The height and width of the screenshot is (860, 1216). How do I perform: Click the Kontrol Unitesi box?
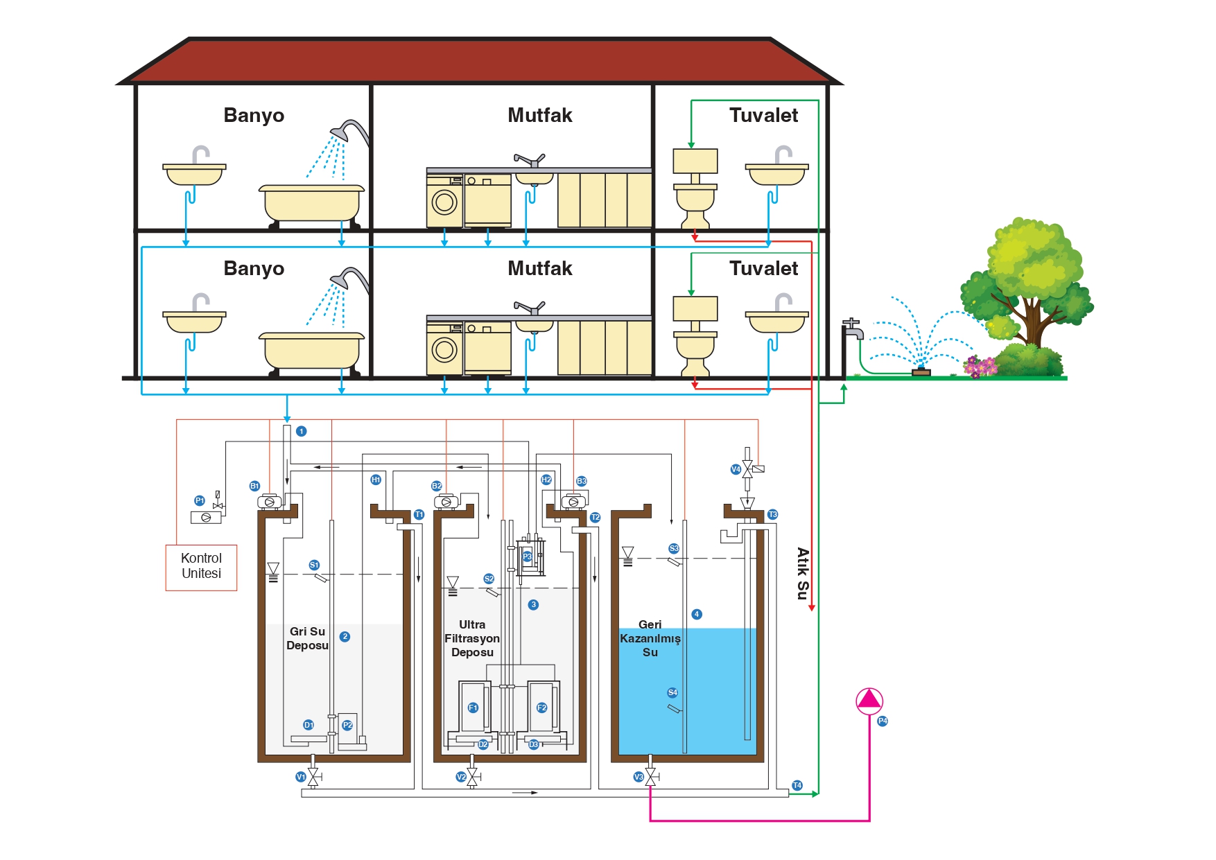pos(201,567)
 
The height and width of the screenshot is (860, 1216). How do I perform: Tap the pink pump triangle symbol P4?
pos(869,701)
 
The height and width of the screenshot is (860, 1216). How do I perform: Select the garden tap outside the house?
pos(853,328)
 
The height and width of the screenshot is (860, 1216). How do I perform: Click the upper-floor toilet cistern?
pos(695,161)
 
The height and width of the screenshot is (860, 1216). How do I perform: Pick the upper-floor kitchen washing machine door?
pos(444,202)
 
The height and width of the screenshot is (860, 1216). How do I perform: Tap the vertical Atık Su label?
pos(803,573)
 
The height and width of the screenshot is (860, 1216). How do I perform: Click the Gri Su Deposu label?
pos(308,638)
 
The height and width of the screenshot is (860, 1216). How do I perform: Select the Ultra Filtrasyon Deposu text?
pos(472,638)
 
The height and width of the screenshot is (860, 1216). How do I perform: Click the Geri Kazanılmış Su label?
pos(650,638)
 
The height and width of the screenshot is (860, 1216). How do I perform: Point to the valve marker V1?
pos(301,777)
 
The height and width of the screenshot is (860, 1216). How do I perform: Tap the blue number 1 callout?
pos(301,431)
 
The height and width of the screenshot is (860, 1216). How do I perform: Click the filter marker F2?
pos(541,708)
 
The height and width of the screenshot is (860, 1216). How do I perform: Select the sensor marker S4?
pos(672,692)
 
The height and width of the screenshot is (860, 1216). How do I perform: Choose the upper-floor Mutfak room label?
pos(539,115)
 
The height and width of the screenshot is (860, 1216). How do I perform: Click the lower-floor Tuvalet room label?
pos(763,268)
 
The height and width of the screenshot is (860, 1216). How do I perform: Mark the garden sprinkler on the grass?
pos(921,370)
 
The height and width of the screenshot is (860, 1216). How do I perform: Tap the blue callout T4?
pos(797,785)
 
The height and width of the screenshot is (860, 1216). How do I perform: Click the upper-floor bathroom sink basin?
pos(194,174)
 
